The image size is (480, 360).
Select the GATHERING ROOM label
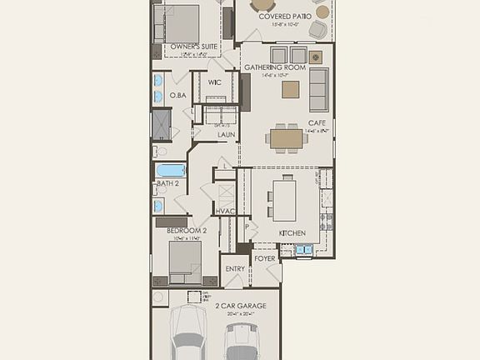(x=275, y=67)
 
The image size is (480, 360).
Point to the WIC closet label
(x=214, y=82)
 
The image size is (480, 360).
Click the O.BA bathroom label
(x=177, y=96)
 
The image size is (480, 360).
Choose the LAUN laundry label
(x=226, y=134)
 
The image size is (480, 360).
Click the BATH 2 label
(x=167, y=182)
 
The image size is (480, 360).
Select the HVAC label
(x=225, y=212)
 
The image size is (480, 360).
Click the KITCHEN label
(x=292, y=232)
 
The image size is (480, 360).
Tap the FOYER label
(x=265, y=259)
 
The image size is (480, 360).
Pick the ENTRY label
(x=235, y=269)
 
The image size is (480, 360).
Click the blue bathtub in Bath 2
(x=171, y=170)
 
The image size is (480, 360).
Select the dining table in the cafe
(x=287, y=135)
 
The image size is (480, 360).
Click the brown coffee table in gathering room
(x=290, y=89)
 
